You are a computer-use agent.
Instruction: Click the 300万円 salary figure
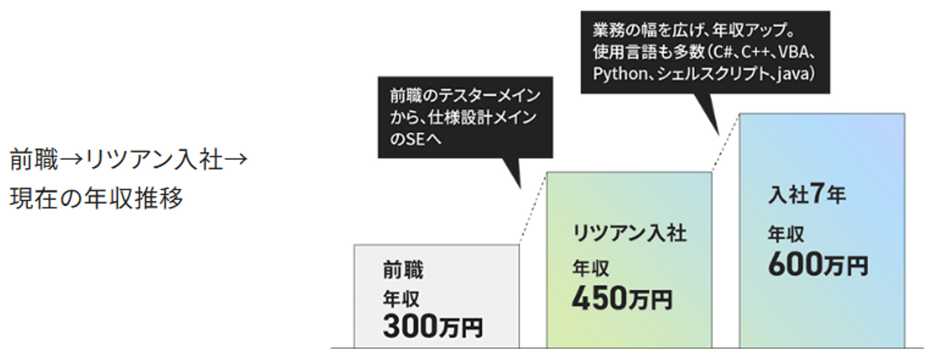[x=433, y=327]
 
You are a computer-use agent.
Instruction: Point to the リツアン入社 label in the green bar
[x=629, y=234]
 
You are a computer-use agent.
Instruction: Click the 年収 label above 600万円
[x=787, y=234]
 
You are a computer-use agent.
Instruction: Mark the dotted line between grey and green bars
[x=533, y=208]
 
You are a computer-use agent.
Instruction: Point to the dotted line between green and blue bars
[x=725, y=143]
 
